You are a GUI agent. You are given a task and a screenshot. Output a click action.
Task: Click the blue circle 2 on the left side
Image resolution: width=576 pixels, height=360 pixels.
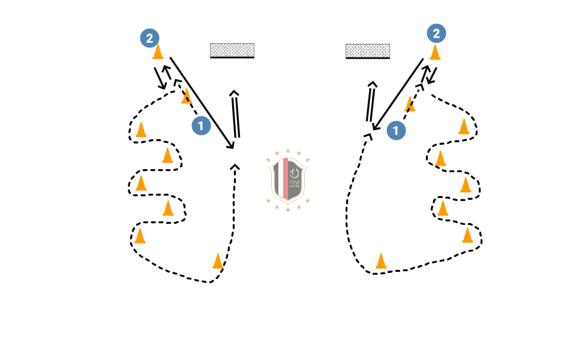pyautogui.click(x=149, y=38)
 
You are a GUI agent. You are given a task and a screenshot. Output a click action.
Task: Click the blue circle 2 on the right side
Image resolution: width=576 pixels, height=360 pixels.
pyautogui.click(x=436, y=34)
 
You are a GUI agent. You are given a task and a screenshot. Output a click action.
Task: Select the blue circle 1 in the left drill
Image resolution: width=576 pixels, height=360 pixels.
pyautogui.click(x=201, y=126)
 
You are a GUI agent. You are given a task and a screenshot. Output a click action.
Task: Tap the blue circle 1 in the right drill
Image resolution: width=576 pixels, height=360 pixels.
pyautogui.click(x=396, y=130)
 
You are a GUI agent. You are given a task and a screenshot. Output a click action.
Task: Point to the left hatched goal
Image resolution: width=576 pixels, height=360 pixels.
pyautogui.click(x=232, y=50)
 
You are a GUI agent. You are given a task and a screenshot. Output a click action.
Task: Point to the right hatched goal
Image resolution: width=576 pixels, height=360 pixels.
pyautogui.click(x=368, y=51)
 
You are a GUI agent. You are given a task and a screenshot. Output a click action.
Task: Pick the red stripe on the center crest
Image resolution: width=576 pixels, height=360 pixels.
pyautogui.click(x=286, y=178)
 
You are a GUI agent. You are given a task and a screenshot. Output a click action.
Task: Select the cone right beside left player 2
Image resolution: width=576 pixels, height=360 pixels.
pyautogui.click(x=158, y=52)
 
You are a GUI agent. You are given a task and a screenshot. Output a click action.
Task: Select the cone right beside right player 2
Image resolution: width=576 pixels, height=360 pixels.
pyautogui.click(x=435, y=52)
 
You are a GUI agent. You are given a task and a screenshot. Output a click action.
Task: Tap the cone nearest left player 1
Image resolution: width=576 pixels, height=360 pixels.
pyautogui.click(x=187, y=96)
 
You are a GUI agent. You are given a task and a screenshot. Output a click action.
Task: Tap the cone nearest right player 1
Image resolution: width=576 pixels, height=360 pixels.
pyautogui.click(x=410, y=104)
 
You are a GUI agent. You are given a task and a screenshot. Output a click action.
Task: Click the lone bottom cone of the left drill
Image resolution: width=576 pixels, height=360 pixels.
pyautogui.click(x=218, y=261)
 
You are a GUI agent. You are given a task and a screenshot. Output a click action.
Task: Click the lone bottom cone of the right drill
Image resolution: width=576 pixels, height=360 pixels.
pyautogui.click(x=381, y=261)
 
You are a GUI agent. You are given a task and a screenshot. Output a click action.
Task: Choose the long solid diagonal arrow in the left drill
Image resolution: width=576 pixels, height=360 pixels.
pyautogui.click(x=202, y=103)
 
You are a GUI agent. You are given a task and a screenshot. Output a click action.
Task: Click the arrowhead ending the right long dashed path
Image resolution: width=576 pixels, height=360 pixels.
pyautogui.click(x=368, y=137)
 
